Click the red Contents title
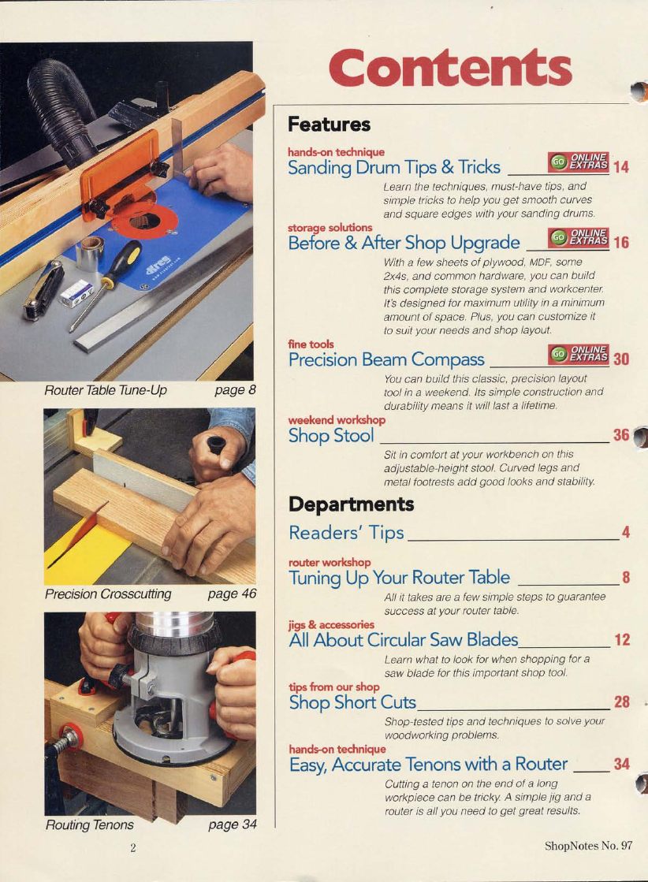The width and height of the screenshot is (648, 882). pos(450,69)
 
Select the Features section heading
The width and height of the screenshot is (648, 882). pos(329,125)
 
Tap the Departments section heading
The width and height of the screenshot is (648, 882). pos(352,504)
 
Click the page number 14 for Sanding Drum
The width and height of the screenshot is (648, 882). pos(621,167)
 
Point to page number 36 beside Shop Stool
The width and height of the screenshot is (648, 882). pos(621,435)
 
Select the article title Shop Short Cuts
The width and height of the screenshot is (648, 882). pos(352,702)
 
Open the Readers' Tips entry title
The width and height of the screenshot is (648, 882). pos(347,532)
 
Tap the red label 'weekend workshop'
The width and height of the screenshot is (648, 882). pos(337,420)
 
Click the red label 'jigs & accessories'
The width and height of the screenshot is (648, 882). pos(331,624)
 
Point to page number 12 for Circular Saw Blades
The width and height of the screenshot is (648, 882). pos(622,640)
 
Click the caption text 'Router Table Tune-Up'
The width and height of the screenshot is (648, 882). pos(105,390)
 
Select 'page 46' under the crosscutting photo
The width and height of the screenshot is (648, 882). pos(232,594)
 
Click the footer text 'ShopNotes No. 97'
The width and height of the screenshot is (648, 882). pos(588,846)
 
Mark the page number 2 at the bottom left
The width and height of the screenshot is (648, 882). pos(132,848)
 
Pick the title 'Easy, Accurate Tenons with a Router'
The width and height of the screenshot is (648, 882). pos(428,765)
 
